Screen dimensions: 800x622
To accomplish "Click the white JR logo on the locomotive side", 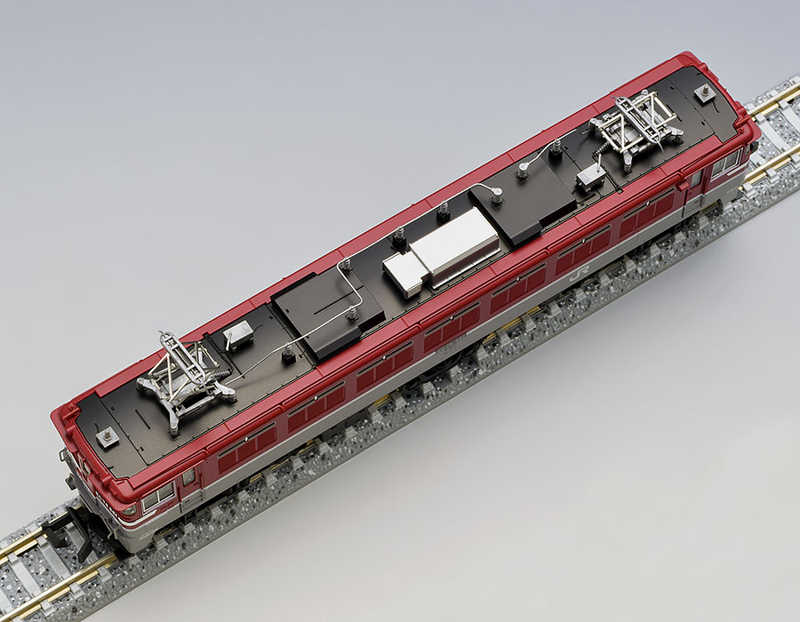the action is click(575, 276).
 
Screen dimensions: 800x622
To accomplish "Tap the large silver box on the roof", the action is click(453, 247).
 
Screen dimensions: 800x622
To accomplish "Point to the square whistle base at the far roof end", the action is click(704, 92).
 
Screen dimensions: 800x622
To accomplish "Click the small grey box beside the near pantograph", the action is click(238, 335).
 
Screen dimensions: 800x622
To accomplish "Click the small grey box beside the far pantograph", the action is click(590, 177).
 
